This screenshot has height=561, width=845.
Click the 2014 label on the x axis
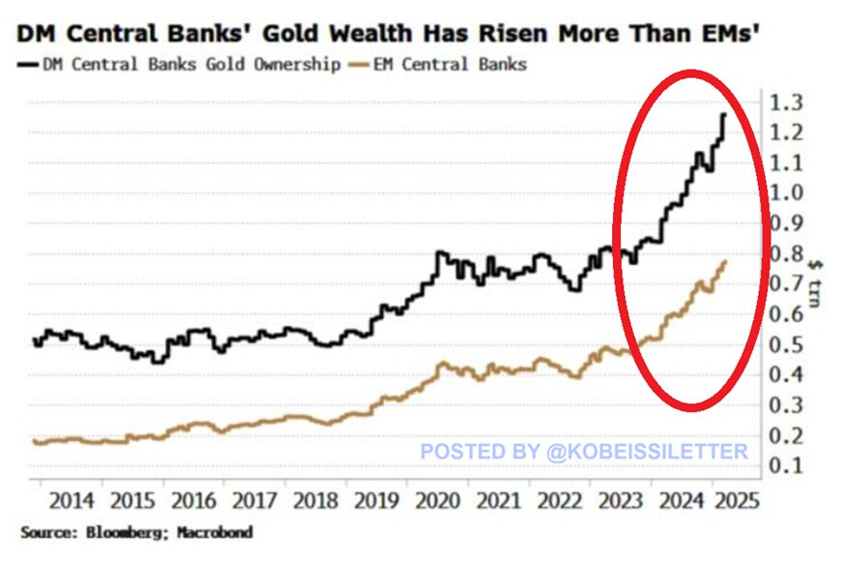[x=71, y=502]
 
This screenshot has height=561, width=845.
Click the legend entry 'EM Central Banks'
[x=463, y=65]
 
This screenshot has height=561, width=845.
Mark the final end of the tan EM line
[x=725, y=261]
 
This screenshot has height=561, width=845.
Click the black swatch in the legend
[x=26, y=65]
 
